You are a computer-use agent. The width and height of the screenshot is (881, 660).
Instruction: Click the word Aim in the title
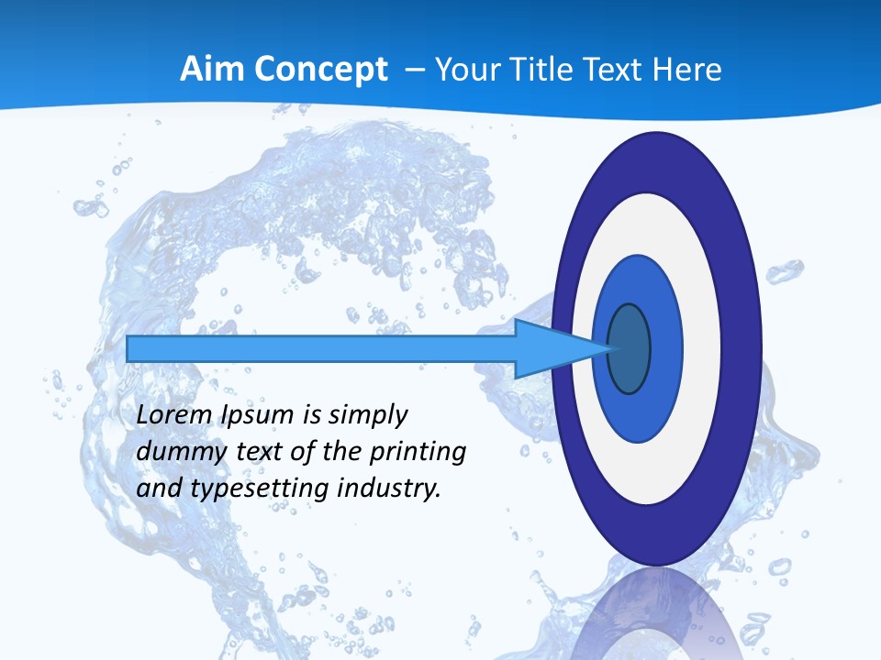click(208, 69)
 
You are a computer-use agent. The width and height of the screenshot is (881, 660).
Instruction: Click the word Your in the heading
click(467, 69)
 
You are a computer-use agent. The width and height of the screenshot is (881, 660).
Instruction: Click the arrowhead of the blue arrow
click(551, 348)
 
